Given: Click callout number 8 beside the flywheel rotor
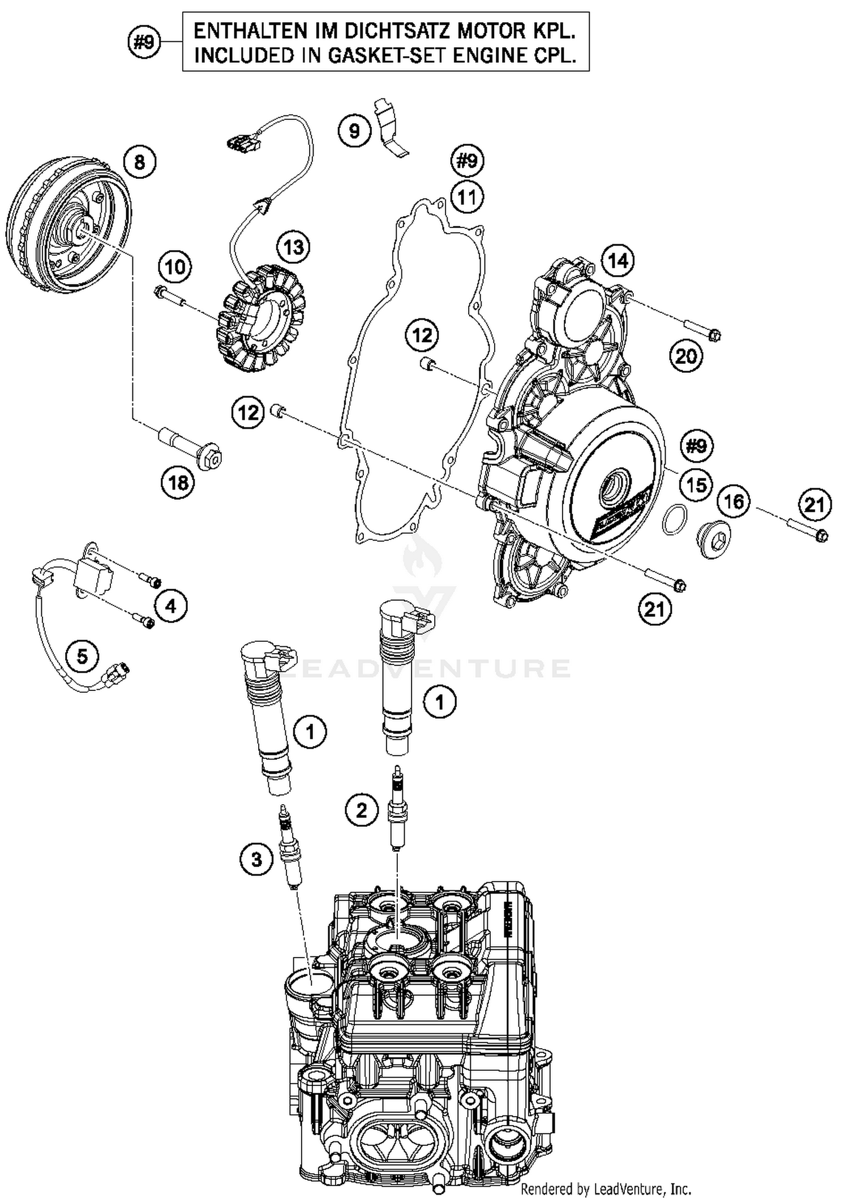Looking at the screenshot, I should (139, 163).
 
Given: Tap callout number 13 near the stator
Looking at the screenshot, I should (294, 247).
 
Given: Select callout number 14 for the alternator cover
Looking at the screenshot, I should (618, 261).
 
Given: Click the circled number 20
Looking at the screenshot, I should (686, 357).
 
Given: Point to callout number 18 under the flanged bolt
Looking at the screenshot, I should (178, 483).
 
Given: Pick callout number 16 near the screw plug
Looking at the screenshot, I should (734, 501).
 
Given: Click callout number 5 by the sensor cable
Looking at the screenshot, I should (82, 657).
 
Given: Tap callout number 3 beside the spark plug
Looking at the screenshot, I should (256, 860).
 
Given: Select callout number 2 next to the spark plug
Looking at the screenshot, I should (361, 810).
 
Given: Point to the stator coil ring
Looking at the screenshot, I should (261, 319).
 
